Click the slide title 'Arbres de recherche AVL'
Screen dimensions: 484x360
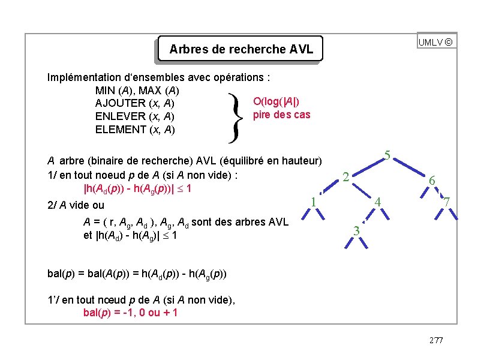241,49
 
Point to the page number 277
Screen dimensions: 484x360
436,340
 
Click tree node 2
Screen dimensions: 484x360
345,176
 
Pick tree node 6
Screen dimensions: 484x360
432,180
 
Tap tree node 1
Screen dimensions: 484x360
313,201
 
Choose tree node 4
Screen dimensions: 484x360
378,202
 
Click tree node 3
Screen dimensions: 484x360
356,230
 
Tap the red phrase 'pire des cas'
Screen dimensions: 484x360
282,115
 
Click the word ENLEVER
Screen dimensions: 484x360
120,116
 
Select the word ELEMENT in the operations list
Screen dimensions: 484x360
120,130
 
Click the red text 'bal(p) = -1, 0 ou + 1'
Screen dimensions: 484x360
130,313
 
